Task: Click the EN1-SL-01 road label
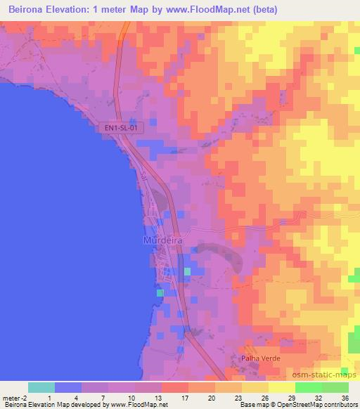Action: (120, 128)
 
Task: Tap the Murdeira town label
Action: (162, 240)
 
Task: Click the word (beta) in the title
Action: (261, 10)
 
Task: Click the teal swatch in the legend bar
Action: (41, 387)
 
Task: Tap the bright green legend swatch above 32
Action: (308, 387)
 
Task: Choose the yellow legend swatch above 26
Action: (255, 387)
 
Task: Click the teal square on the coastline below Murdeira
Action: (160, 293)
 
